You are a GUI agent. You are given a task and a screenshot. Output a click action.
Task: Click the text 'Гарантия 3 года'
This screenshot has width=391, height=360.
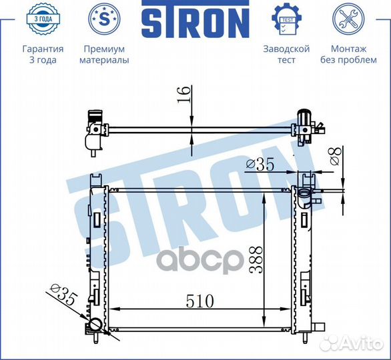click(43, 55)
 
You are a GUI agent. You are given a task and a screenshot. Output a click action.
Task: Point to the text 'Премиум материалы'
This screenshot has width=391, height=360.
click(104, 55)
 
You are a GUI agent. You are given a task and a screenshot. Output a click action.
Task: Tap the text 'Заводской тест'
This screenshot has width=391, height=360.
click(287, 55)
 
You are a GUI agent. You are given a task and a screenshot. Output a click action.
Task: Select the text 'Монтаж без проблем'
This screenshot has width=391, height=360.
click(348, 55)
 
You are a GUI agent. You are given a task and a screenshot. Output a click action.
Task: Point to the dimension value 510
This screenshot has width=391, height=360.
click(195, 301)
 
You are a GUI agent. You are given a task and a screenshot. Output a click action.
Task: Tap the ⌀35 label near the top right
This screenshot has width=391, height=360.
click(260, 164)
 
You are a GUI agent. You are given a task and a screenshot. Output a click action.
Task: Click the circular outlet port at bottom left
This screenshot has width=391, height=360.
click(96, 325)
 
